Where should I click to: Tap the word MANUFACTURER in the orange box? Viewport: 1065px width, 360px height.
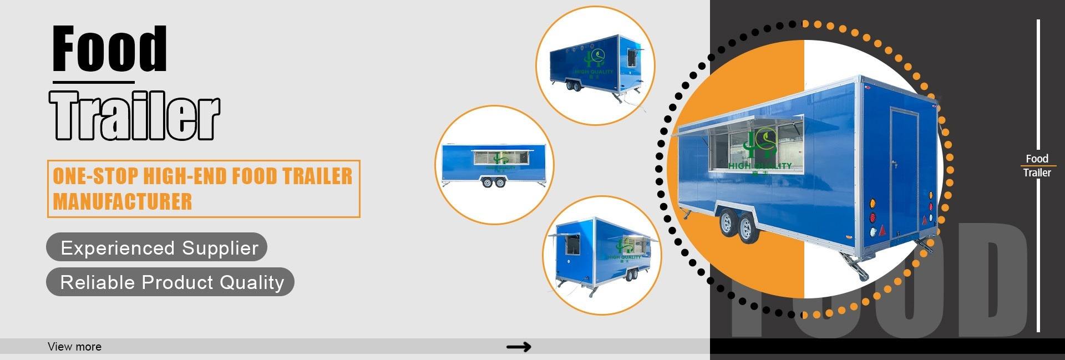click(123, 201)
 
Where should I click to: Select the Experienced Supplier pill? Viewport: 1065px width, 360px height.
click(157, 247)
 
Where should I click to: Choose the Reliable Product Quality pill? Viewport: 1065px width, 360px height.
click(170, 282)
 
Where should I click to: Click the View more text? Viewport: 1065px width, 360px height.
click(75, 347)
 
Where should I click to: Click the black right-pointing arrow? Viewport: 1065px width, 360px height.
click(518, 347)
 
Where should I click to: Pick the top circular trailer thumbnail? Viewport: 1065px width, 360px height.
click(595, 65)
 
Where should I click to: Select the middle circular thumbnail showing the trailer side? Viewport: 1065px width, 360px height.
click(494, 165)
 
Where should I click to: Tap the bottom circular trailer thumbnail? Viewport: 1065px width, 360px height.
click(602, 255)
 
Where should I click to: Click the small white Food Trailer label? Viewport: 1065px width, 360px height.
click(1037, 165)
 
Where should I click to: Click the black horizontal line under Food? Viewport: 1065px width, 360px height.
click(94, 83)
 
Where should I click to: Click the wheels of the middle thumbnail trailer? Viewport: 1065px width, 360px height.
click(494, 182)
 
